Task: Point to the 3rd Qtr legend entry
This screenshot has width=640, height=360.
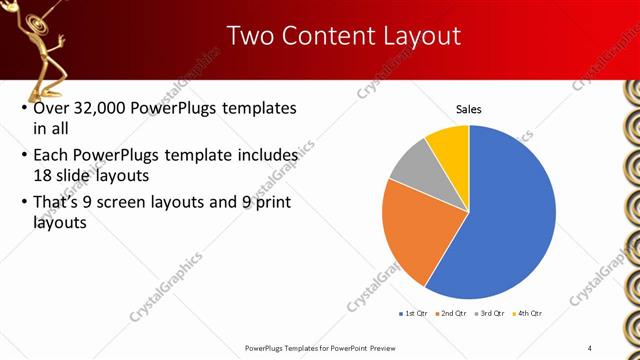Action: point(490,314)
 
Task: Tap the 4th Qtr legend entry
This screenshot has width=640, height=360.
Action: point(527,314)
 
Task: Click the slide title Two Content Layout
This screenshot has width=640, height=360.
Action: point(344,36)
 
